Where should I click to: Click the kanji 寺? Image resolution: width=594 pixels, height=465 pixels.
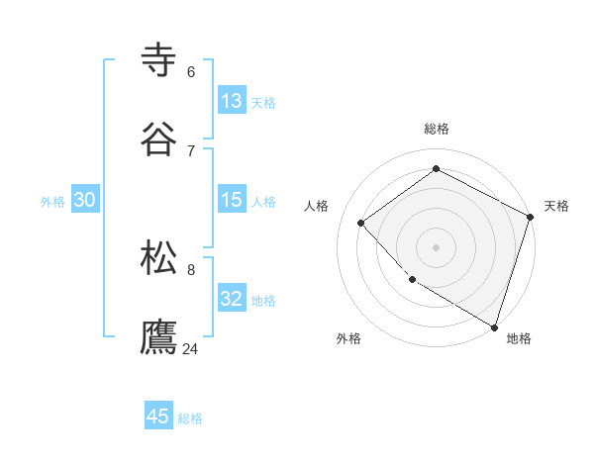[160, 59]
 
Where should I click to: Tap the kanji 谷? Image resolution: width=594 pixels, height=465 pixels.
[160, 139]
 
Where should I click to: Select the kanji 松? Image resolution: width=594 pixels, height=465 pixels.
[160, 257]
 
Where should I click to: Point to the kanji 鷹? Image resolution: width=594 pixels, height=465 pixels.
[160, 336]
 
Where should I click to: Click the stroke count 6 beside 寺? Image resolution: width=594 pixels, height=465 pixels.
[191, 71]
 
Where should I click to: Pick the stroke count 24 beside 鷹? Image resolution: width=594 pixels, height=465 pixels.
[191, 348]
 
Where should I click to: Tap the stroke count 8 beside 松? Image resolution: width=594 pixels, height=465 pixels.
[191, 269]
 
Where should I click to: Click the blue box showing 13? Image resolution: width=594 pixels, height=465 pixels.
[232, 101]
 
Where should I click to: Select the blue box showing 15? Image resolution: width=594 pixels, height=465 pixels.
[232, 200]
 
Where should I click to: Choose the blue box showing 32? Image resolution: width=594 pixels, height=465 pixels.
[232, 299]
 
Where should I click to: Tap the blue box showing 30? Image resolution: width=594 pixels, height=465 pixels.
[85, 200]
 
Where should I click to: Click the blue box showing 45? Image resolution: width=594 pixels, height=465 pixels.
[158, 417]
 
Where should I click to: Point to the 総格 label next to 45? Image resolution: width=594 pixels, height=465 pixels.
[190, 418]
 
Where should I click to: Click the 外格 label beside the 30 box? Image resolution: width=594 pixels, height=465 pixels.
[53, 202]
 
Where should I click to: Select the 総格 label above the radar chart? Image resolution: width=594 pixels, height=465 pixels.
[437, 129]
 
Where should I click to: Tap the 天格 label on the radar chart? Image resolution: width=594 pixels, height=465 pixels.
[556, 206]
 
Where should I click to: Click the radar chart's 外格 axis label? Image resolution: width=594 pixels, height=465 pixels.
[348, 338]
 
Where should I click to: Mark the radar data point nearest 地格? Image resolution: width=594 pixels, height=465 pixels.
[494, 325]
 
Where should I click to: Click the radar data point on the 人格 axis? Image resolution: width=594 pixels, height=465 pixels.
[361, 223]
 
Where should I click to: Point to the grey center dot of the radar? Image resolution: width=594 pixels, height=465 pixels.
[436, 246]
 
